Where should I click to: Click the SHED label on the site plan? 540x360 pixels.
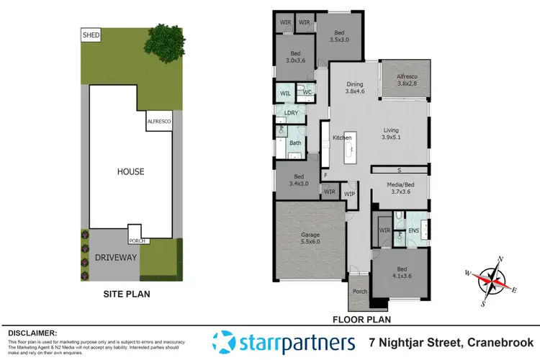[91, 35]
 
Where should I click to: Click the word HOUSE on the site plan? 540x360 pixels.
[130, 171]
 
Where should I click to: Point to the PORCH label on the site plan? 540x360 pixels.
[138, 241]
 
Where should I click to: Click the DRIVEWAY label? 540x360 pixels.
[115, 257]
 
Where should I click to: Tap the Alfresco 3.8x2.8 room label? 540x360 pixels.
[405, 88]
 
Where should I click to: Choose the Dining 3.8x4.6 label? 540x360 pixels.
[355, 88]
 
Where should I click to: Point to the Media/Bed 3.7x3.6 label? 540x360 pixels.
[400, 189]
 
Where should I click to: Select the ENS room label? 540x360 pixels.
[413, 230]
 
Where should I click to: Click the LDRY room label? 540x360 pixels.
[291, 113]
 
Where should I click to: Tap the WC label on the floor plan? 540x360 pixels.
[306, 92]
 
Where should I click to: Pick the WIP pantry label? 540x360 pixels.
[351, 194]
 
